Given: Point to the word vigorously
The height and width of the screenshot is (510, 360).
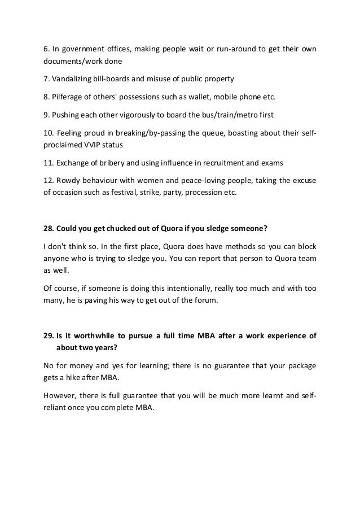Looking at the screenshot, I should (140, 115).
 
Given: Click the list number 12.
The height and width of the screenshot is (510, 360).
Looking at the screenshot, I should (49, 181).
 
